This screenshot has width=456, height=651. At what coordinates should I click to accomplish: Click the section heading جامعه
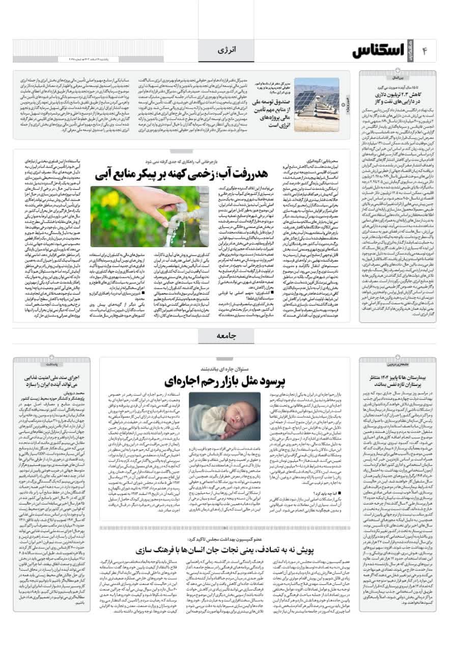pyautogui.click(x=227, y=335)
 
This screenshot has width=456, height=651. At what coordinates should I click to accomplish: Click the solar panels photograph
pyautogui.click(x=316, y=98)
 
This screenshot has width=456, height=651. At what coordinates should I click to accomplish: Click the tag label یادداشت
pyautogui.click(x=51, y=364)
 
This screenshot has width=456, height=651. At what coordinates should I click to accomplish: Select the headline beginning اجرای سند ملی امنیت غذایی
pyautogui.click(x=52, y=379)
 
